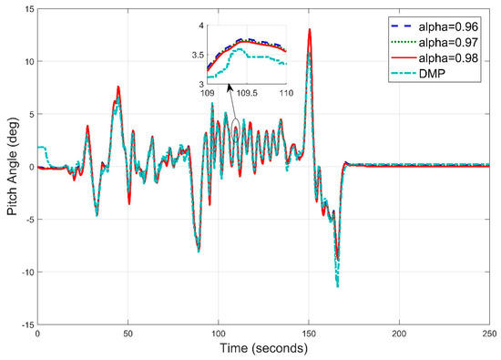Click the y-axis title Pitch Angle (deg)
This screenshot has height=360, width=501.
(11, 166)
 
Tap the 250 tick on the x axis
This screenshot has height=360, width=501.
(488, 334)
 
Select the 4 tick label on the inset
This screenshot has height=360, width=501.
(202, 26)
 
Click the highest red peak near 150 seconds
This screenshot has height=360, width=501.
(310, 29)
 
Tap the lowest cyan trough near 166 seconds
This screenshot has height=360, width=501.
(338, 286)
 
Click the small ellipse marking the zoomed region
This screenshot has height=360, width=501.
(235, 129)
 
